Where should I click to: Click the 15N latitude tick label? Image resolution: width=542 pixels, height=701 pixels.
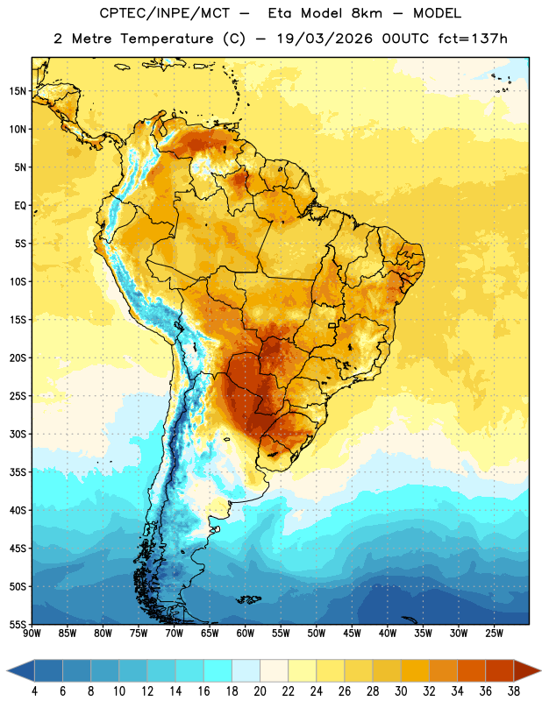point(18,91)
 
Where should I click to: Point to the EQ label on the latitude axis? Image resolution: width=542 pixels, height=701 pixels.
point(20,206)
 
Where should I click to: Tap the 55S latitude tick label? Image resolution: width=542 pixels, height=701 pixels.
point(18,625)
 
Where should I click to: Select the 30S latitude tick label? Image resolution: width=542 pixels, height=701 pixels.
point(18,434)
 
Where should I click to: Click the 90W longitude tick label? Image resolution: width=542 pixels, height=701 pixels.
point(32,634)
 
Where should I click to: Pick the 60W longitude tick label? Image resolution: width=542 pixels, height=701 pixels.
point(246,634)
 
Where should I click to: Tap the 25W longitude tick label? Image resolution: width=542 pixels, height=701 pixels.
point(494,634)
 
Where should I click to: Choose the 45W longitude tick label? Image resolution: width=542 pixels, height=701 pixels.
point(353,634)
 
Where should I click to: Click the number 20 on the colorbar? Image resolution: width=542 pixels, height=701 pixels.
point(260,691)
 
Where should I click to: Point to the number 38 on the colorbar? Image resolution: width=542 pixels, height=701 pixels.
point(514,691)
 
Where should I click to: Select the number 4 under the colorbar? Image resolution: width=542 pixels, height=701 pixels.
point(34,691)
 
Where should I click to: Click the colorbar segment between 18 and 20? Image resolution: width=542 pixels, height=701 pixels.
point(246,670)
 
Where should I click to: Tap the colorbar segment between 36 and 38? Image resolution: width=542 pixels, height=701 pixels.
point(500,670)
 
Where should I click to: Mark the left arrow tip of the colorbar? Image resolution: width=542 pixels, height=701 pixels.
point(7,670)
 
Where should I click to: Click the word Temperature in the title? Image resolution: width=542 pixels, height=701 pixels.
point(167,39)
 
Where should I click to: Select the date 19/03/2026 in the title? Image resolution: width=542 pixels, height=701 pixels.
point(324,39)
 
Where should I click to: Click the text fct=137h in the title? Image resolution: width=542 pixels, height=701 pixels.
point(473,39)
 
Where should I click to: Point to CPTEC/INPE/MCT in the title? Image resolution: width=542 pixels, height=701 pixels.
point(164,13)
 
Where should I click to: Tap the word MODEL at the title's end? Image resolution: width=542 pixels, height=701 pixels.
point(437,13)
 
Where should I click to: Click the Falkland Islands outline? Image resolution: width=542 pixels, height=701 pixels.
point(249,599)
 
